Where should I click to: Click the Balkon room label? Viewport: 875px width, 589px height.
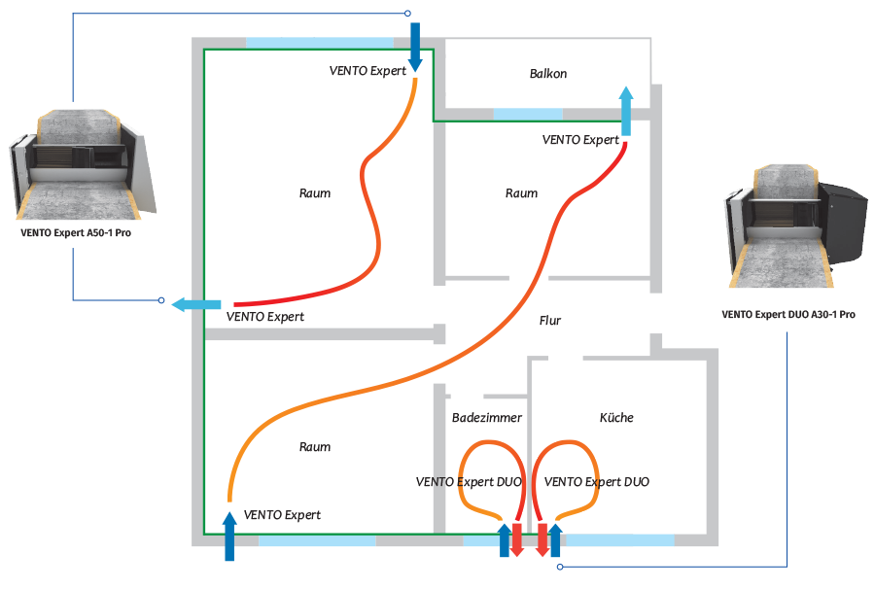click(548, 74)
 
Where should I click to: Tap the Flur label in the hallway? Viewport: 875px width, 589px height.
click(550, 320)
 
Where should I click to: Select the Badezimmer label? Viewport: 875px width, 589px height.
click(486, 418)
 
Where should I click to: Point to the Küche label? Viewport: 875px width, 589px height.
click(616, 418)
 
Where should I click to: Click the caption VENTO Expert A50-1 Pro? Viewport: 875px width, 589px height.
click(75, 234)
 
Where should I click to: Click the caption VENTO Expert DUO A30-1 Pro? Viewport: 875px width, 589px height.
click(788, 315)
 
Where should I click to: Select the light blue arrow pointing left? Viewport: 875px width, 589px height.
click(193, 305)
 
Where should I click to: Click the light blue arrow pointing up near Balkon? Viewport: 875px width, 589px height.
click(625, 110)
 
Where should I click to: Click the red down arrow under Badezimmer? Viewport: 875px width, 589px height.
click(517, 539)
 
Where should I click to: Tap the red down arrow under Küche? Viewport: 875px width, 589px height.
click(542, 539)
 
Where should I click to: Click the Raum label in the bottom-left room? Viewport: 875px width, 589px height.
click(314, 448)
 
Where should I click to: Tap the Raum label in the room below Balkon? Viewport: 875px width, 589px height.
click(521, 193)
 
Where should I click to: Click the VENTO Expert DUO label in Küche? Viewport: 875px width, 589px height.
click(597, 482)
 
